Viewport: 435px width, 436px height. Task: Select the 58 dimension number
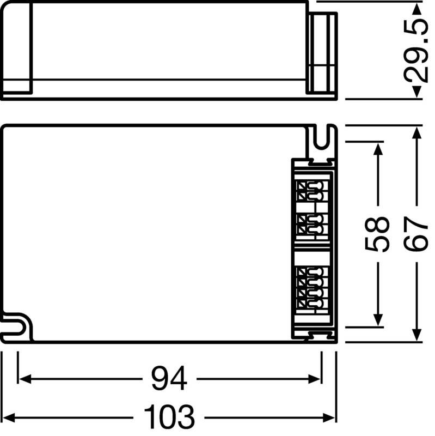click(377, 234)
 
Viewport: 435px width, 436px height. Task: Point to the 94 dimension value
click(169, 378)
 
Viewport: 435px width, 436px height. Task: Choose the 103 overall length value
click(169, 417)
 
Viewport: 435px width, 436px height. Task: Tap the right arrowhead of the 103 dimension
click(332, 417)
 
